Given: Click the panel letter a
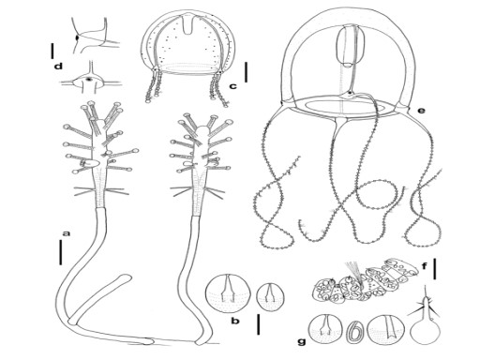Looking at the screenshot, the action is (x=66, y=233).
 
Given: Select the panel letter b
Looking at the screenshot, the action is (x=235, y=321).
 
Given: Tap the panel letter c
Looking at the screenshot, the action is (x=233, y=86).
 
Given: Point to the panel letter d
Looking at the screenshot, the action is (x=58, y=67).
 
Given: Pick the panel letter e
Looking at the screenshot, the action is (x=421, y=111).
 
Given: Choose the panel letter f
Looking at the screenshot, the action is (x=425, y=266).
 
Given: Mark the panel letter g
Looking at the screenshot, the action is (x=302, y=342).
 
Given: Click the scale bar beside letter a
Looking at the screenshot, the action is (x=61, y=253).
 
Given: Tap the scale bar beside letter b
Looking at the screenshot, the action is (x=258, y=324).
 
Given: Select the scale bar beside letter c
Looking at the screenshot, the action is (x=247, y=72).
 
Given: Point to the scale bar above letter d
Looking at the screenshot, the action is (x=52, y=51).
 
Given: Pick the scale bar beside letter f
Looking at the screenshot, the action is (x=435, y=269).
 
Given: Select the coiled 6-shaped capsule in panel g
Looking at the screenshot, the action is (x=354, y=335).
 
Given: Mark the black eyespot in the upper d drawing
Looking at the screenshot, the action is (x=77, y=37).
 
